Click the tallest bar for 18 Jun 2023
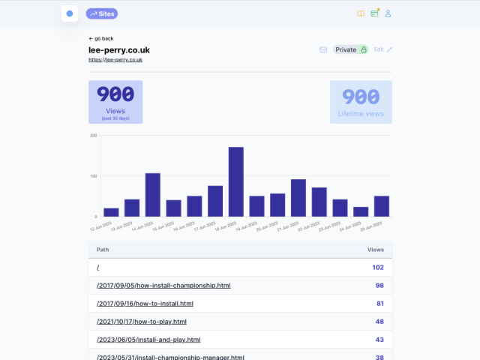click(235, 181)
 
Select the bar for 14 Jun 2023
click(152, 195)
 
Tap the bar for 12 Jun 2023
click(111, 212)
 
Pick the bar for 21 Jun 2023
click(298, 198)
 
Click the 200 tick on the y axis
click(94, 136)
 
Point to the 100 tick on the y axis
click(94, 176)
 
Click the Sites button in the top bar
click(102, 13)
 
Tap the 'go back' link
click(101, 38)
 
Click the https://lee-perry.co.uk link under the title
click(115, 59)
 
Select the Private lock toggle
click(351, 49)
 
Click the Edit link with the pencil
click(382, 49)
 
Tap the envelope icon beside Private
click(323, 49)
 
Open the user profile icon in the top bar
click(388, 13)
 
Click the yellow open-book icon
click(361, 13)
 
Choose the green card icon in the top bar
click(374, 13)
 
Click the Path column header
click(103, 249)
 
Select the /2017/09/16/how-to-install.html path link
click(145, 304)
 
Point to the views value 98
click(379, 286)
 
